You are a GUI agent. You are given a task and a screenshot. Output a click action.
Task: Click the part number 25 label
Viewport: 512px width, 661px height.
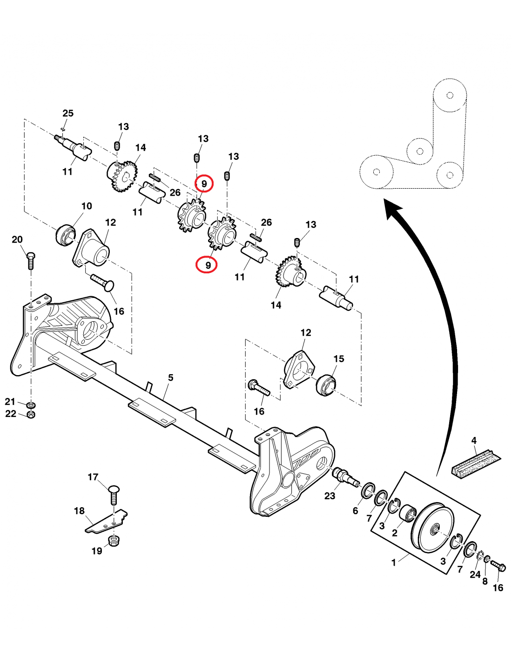(x=68, y=113)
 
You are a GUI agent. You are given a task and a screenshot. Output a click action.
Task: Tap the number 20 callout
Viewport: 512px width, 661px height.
(x=17, y=239)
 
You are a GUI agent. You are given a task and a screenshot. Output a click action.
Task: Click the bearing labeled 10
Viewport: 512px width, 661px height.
(x=66, y=234)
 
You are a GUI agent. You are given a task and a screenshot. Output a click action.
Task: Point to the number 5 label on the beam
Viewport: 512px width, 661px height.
(x=171, y=377)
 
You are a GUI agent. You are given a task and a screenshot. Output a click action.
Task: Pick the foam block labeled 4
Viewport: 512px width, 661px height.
(x=476, y=463)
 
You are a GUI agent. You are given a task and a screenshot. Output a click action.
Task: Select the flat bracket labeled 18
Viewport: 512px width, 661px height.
(x=106, y=522)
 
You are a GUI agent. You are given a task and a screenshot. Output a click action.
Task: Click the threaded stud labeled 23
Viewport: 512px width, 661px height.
(x=344, y=476)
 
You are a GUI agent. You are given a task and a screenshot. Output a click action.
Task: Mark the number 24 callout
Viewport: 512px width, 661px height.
(x=475, y=575)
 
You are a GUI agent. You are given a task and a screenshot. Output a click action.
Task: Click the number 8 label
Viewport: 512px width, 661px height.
(x=485, y=581)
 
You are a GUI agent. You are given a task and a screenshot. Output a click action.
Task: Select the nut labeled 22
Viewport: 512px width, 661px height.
(x=31, y=414)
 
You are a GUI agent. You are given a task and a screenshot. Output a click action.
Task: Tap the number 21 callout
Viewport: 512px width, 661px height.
(x=10, y=402)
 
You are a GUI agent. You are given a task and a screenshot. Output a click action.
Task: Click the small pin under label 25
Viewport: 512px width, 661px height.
(x=63, y=129)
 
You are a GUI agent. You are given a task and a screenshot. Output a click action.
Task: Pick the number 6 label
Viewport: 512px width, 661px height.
(x=355, y=511)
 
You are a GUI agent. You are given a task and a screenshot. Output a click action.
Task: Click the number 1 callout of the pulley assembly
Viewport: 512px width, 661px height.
(x=394, y=562)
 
